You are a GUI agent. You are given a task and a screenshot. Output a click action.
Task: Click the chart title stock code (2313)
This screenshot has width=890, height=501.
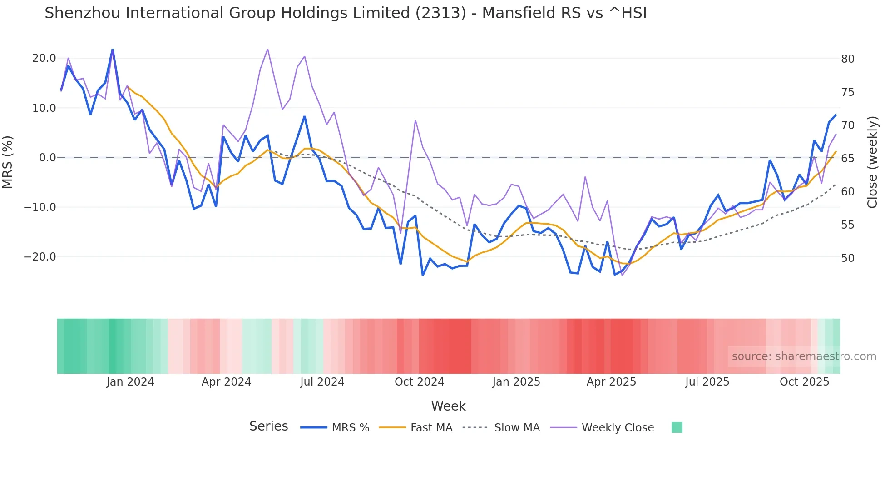pyautogui.click(x=440, y=13)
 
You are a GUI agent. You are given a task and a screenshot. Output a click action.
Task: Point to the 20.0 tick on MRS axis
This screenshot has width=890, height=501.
pyautogui.click(x=44, y=58)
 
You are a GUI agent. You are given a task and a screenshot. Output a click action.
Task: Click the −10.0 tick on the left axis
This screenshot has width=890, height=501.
pyautogui.click(x=40, y=207)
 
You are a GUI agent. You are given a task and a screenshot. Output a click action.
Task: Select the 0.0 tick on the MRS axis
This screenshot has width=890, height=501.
pyautogui.click(x=48, y=158)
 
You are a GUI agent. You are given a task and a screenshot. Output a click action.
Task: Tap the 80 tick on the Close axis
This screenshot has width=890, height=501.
pyautogui.click(x=847, y=59)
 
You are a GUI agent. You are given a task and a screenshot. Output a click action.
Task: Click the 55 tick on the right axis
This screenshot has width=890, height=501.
pyautogui.click(x=847, y=225)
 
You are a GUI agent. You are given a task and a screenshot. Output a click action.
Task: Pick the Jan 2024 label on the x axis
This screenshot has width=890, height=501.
pyautogui.click(x=130, y=382)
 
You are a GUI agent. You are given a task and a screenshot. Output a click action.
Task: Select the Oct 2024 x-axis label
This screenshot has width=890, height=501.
pyautogui.click(x=419, y=382)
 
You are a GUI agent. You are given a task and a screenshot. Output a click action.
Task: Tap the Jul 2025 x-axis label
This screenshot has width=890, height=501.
pyautogui.click(x=707, y=382)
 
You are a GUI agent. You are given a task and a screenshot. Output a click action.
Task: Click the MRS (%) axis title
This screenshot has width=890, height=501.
pyautogui.click(x=8, y=162)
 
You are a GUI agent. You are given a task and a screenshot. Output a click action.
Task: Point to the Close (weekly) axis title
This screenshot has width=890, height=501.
pyautogui.click(x=872, y=162)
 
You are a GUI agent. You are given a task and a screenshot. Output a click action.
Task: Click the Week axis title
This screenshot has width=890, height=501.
pyautogui.click(x=448, y=406)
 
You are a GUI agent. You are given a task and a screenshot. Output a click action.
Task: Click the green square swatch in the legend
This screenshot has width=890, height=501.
pyautogui.click(x=677, y=427)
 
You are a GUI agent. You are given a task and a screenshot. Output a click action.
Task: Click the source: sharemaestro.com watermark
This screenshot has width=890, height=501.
pyautogui.click(x=804, y=356)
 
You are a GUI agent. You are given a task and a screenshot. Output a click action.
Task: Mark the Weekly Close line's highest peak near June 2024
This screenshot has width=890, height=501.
pyautogui.click(x=267, y=49)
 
